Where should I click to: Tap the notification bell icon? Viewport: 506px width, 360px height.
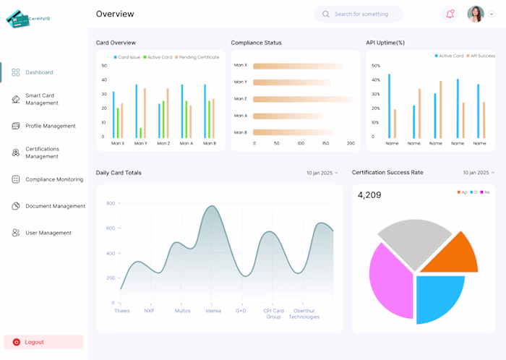pyautogui.click(x=450, y=14)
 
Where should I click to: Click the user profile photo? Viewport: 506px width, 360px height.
pyautogui.click(x=475, y=14)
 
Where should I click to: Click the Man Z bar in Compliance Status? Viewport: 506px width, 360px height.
pyautogui.click(x=301, y=99)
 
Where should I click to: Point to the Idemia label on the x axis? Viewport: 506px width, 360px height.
pyautogui.click(x=213, y=311)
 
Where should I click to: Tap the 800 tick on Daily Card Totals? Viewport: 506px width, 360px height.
pyautogui.click(x=110, y=203)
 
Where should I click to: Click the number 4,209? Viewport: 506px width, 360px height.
pyautogui.click(x=369, y=195)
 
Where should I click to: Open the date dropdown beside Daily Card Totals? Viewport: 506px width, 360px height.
pyautogui.click(x=322, y=173)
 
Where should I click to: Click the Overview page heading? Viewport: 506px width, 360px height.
pyautogui.click(x=115, y=14)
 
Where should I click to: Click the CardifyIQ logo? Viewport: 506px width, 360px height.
pyautogui.click(x=28, y=18)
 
